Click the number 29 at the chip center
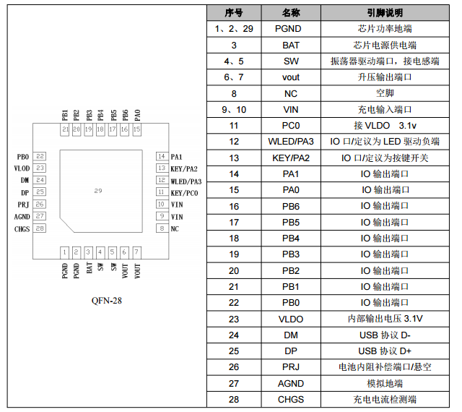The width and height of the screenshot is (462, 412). [98, 190]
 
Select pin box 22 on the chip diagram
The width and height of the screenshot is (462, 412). [40, 156]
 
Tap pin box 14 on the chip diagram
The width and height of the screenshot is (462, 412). [160, 156]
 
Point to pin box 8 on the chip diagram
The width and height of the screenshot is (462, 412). [160, 228]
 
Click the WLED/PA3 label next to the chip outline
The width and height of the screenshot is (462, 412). [186, 181]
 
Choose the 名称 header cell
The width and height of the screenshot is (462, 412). [291, 13]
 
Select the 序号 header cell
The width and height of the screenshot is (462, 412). [234, 13]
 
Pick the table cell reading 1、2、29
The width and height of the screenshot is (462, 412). [234, 29]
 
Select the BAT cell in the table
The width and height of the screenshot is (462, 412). [291, 45]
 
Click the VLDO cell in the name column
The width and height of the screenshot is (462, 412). [291, 319]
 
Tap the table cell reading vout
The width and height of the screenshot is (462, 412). [291, 77]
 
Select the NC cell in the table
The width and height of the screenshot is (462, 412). [291, 93]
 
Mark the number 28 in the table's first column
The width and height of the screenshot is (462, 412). [234, 399]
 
